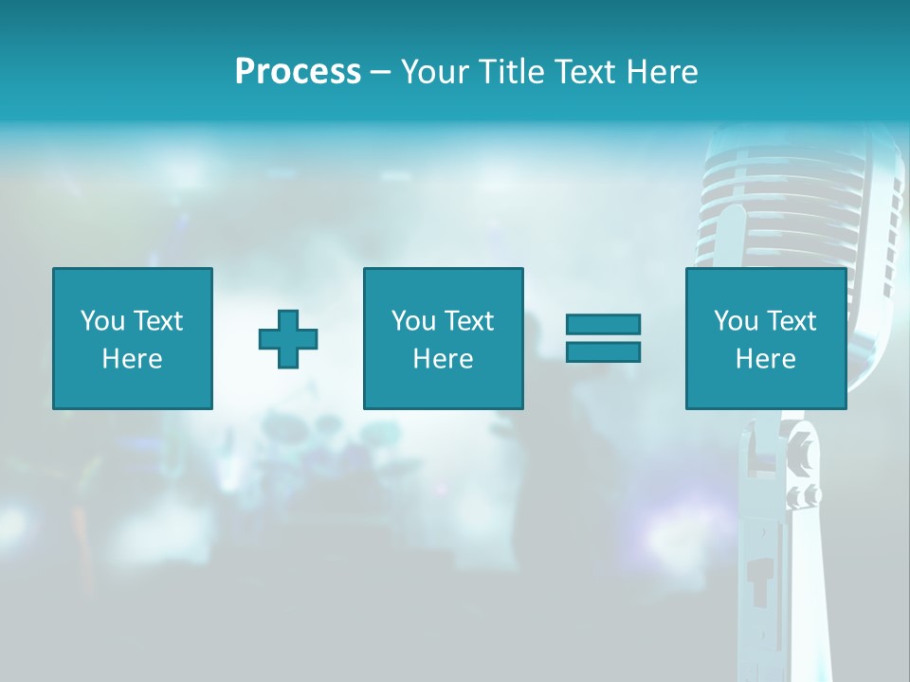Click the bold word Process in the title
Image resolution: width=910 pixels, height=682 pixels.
[x=298, y=72]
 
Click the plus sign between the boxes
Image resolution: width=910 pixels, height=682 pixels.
[x=288, y=338]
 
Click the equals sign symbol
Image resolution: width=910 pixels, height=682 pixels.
[x=603, y=338]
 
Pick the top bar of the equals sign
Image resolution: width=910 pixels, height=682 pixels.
[x=603, y=324]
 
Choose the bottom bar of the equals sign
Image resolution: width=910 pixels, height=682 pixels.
[x=603, y=351]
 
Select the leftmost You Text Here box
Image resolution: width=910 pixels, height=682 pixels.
[x=133, y=338]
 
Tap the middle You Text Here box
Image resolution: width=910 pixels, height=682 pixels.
[x=443, y=338]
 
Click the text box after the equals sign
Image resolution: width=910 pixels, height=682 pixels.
[x=766, y=338]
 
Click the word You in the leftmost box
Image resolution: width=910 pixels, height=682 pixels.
[x=101, y=321]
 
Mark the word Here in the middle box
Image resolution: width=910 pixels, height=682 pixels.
[x=443, y=359]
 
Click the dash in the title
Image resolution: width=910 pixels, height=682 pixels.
[x=380, y=72]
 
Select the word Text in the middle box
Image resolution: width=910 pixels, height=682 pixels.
[x=469, y=321]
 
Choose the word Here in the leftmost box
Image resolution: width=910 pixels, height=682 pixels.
[x=133, y=359]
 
